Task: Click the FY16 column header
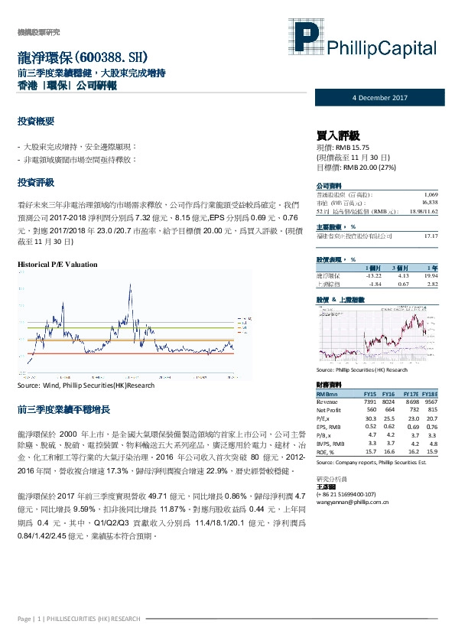(388, 392)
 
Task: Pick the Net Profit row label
(330, 409)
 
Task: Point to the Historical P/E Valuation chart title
(57, 264)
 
